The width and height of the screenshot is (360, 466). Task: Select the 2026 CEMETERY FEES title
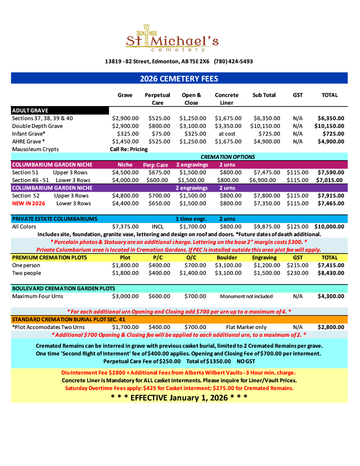pyautogui.click(x=179, y=79)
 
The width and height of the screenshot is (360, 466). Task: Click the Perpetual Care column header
pyautogui.click(x=157, y=99)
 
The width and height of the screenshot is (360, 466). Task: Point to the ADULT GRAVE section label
pyautogui.click(x=30, y=110)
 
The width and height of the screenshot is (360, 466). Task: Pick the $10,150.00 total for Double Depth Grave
pyautogui.click(x=329, y=126)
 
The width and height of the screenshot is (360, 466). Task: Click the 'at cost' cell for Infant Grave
pyautogui.click(x=227, y=134)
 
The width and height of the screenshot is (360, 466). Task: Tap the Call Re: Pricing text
pyautogui.click(x=129, y=149)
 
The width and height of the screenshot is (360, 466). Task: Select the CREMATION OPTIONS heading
pyautogui.click(x=228, y=157)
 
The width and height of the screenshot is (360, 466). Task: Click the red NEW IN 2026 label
pyautogui.click(x=29, y=203)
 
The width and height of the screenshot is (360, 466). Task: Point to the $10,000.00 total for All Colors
pyautogui.click(x=329, y=227)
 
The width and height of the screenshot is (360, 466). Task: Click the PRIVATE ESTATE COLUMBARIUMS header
pyautogui.click(x=55, y=219)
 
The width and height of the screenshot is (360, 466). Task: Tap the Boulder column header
pyautogui.click(x=227, y=258)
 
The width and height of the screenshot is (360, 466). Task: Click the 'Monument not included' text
pyautogui.click(x=246, y=296)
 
